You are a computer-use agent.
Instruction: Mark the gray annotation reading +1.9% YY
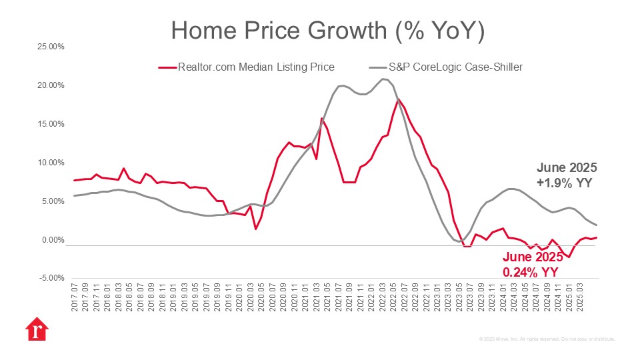(565, 183)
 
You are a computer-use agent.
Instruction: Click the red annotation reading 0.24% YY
(530, 272)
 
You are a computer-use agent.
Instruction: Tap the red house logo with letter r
(36, 330)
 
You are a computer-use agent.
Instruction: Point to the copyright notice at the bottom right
(547, 339)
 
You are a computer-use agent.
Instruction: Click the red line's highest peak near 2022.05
(399, 99)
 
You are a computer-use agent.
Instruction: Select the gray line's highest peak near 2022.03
(383, 79)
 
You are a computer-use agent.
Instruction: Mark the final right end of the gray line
(596, 225)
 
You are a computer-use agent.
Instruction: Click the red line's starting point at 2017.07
(75, 181)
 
